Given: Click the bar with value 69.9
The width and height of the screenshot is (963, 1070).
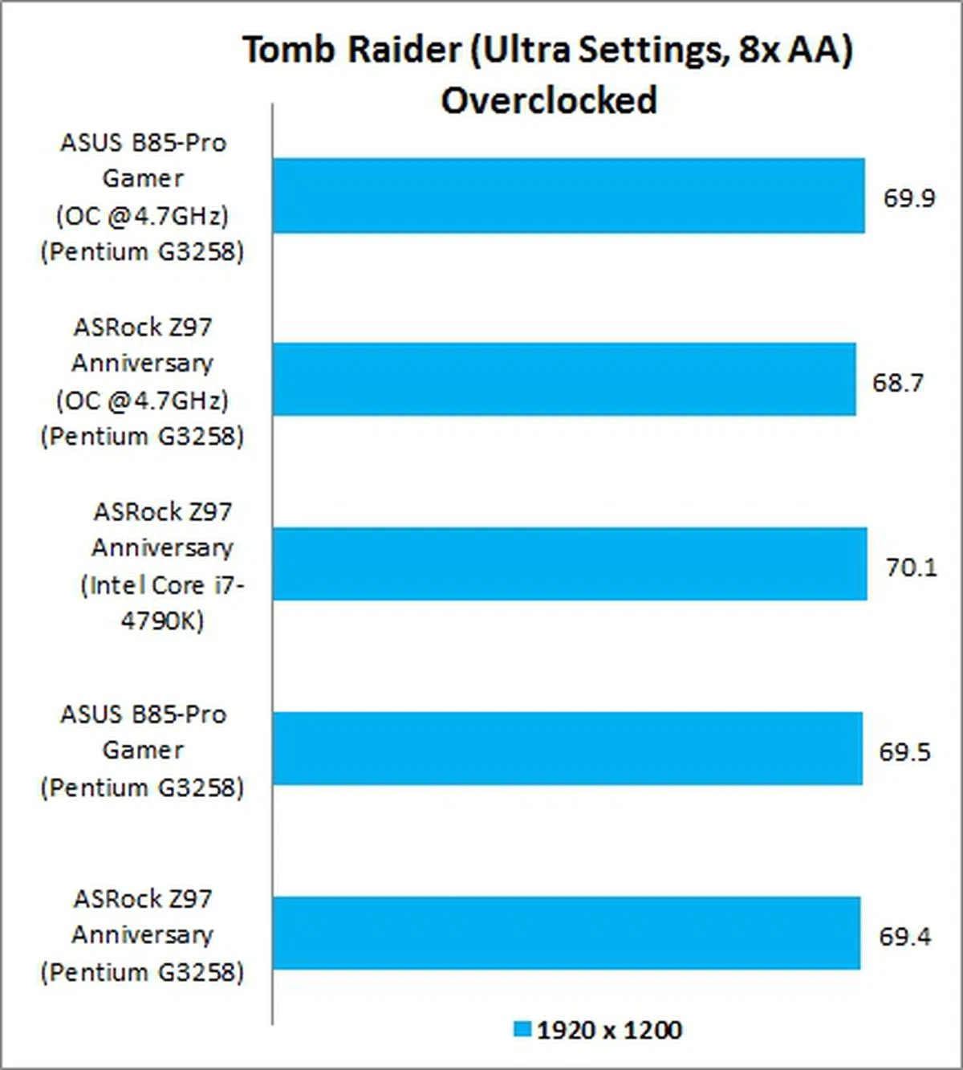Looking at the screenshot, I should pyautogui.click(x=568, y=196).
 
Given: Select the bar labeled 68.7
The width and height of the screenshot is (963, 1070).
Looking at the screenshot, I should pyautogui.click(x=563, y=380).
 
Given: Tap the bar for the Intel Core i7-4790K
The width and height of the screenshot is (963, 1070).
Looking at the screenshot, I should pyautogui.click(x=569, y=563).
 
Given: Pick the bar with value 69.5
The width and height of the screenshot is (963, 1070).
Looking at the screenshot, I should pyautogui.click(x=567, y=748).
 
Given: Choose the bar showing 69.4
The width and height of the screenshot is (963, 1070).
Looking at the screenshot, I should pyautogui.click(x=566, y=933).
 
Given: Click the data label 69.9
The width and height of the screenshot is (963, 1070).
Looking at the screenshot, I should pyautogui.click(x=908, y=197).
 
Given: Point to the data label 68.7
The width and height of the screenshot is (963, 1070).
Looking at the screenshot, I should pyautogui.click(x=897, y=382).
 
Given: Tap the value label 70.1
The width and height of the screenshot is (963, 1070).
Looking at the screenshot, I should pyautogui.click(x=911, y=568).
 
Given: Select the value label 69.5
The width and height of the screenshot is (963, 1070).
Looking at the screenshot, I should pyautogui.click(x=904, y=752).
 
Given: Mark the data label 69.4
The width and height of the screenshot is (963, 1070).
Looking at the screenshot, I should pyautogui.click(x=904, y=937).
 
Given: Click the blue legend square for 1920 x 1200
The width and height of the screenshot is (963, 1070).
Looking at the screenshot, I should pyautogui.click(x=522, y=1029).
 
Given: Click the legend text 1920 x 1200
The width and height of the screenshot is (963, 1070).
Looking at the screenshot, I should pyautogui.click(x=609, y=1030).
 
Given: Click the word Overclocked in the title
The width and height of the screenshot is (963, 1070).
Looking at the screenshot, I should pyautogui.click(x=549, y=101).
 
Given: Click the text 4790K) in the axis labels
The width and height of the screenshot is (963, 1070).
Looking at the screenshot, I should pyautogui.click(x=162, y=620).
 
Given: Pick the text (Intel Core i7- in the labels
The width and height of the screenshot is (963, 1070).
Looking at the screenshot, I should pyautogui.click(x=162, y=585).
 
